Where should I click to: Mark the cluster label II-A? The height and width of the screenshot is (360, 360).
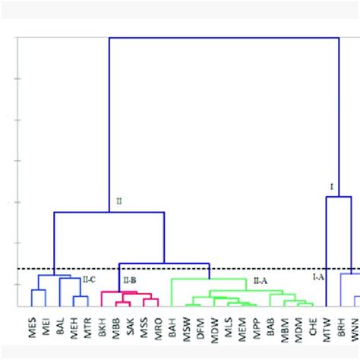pos(260,280)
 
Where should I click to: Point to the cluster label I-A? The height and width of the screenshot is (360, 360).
pos(318,278)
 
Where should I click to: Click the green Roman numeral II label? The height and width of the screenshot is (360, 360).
pos(118,201)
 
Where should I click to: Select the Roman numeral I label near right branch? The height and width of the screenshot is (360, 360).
pos(330,186)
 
